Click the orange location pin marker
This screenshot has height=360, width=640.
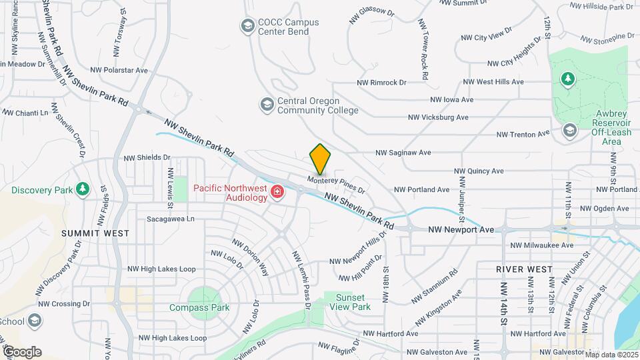[x=320, y=158]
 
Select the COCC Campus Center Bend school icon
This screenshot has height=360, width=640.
[x=247, y=26]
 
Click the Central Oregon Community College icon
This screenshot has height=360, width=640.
[x=267, y=105]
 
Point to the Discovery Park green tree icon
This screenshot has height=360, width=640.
[x=82, y=189]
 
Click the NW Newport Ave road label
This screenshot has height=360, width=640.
[x=461, y=229]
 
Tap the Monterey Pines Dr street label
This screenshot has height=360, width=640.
[x=337, y=184]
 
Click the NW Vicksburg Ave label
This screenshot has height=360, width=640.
[x=438, y=117]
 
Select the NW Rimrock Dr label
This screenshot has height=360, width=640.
[x=381, y=83]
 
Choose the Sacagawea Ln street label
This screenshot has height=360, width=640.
[x=171, y=218]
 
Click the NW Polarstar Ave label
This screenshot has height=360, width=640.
[x=119, y=69]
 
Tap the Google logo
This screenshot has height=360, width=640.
[x=22, y=351]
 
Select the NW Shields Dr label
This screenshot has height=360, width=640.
[x=147, y=157]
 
